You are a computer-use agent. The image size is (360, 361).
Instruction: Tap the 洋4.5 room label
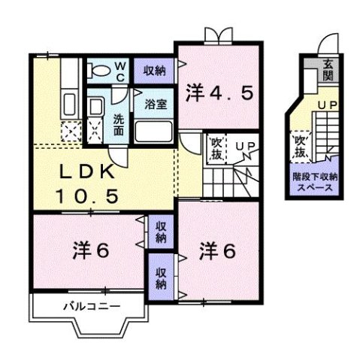[223, 93]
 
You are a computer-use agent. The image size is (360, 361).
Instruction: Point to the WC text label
[119, 70]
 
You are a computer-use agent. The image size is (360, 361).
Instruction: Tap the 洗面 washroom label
[119, 123]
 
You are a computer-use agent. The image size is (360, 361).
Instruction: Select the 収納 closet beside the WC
[156, 70]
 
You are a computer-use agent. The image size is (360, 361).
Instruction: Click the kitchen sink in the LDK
[71, 102]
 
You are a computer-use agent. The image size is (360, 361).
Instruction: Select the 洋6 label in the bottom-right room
[218, 250]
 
